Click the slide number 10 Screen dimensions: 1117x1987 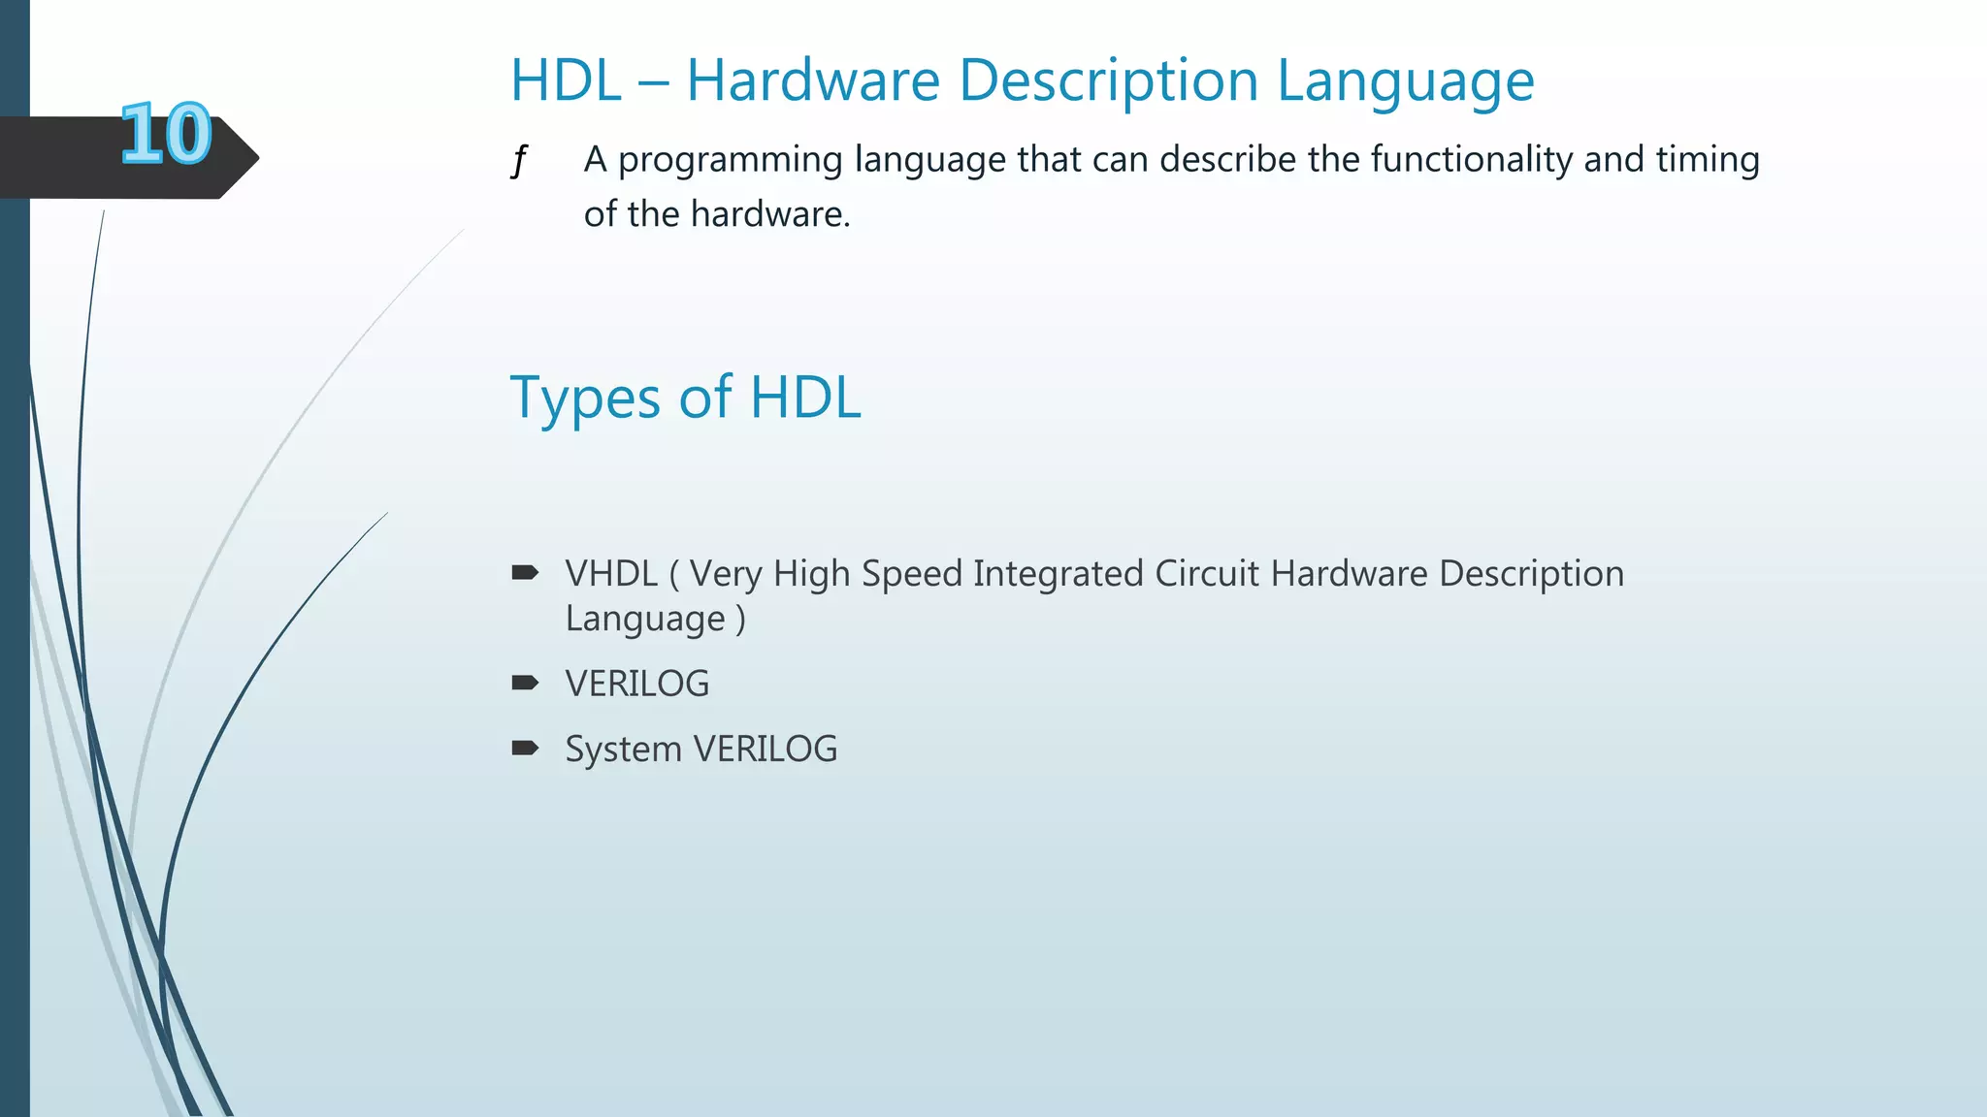[166, 134]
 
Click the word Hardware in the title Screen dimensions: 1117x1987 [813, 80]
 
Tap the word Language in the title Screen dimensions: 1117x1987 [1406, 81]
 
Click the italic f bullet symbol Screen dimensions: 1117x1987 [520, 160]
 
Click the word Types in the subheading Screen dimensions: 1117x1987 [585, 399]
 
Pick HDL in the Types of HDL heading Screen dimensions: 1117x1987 [805, 398]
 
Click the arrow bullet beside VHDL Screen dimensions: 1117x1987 [525, 573]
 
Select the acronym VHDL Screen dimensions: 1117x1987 [611, 574]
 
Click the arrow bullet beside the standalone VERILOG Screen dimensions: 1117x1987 [525, 683]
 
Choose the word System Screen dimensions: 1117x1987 [624, 750]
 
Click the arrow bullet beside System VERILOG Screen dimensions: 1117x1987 [525, 748]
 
